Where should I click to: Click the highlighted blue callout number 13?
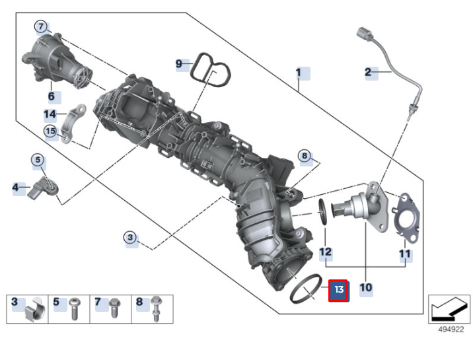coord(339,289)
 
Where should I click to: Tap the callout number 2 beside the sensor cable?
coord(368,72)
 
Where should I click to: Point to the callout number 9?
coord(178,63)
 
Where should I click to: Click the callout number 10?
coord(365,288)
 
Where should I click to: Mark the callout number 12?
coord(325,252)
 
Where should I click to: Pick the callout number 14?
coord(50,114)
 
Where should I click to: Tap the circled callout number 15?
coord(51,131)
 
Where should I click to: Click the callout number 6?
coord(51,96)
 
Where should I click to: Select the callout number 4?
coord(15,188)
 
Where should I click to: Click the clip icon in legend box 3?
coord(33,310)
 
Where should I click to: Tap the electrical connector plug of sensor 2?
coord(365,34)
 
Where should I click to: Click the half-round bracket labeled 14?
coord(76,122)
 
